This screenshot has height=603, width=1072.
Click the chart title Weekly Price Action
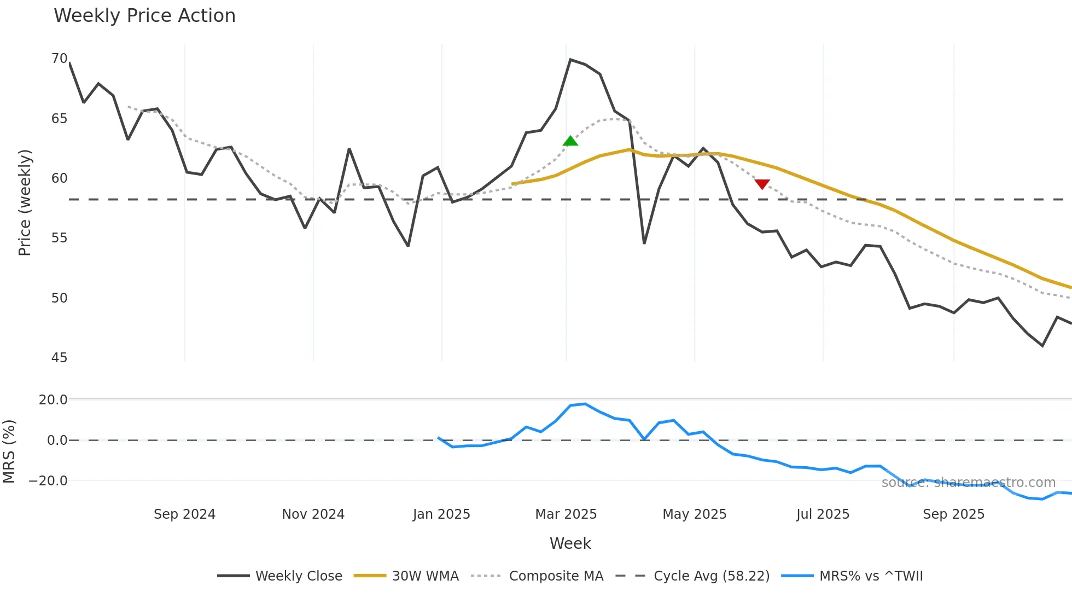click(x=144, y=16)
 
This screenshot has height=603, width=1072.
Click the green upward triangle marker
click(x=570, y=141)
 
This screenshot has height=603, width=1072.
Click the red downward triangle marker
click(x=762, y=184)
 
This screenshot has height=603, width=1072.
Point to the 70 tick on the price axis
click(x=59, y=59)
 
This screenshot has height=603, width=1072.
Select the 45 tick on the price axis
click(x=59, y=358)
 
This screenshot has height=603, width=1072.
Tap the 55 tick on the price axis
click(x=59, y=238)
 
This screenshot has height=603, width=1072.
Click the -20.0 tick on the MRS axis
click(x=48, y=481)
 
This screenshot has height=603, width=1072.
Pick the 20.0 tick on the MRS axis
click(x=53, y=400)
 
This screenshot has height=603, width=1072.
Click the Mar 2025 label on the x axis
click(x=566, y=514)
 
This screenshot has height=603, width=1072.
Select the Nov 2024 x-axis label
click(x=313, y=514)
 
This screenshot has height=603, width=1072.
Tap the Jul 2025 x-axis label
click(x=823, y=514)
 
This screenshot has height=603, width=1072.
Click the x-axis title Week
click(x=570, y=543)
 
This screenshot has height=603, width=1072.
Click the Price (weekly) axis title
click(x=25, y=202)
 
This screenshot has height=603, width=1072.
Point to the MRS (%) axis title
click(x=9, y=451)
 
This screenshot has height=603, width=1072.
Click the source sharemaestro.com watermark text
click(x=968, y=483)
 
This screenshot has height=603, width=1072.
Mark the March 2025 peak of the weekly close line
click(x=570, y=60)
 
